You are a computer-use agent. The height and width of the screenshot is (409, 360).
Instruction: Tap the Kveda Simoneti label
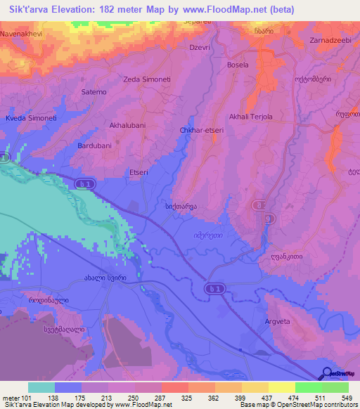tap(31, 118)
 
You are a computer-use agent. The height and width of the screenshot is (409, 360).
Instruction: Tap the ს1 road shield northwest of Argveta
tap(214, 288)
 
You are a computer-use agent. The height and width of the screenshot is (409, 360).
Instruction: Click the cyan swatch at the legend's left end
tap(41, 387)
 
